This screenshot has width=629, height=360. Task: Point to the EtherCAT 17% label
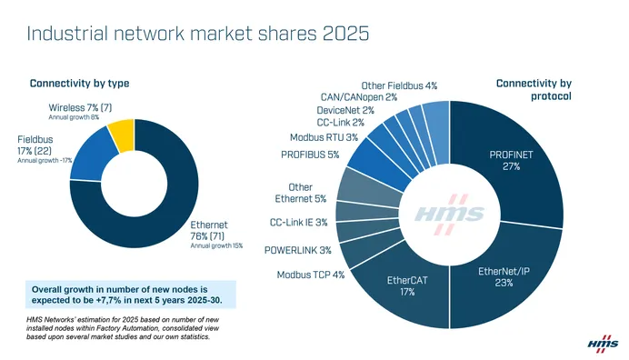[407, 285]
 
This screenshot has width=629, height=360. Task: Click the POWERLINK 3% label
[297, 250]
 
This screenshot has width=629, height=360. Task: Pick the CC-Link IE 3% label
[299, 223]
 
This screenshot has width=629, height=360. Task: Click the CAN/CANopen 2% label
[358, 96]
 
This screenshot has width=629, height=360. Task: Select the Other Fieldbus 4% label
[400, 85]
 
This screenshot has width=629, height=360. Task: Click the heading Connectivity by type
[79, 84]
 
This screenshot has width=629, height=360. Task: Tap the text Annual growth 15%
[216, 245]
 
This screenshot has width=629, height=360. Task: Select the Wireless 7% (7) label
[80, 108]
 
